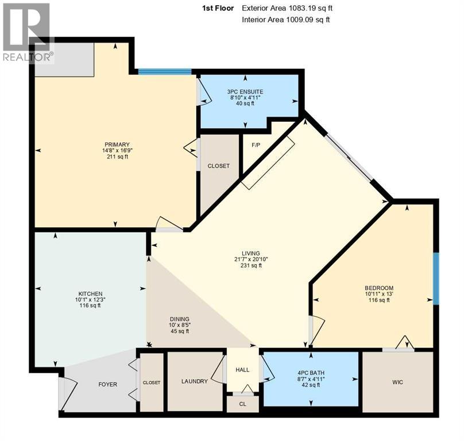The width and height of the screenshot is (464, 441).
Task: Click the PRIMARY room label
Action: click(117, 144)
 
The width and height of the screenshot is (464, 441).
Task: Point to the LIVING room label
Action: click(251, 253)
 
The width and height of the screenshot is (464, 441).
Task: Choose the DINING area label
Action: click(179, 319)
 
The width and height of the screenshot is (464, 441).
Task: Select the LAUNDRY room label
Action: click(194, 381)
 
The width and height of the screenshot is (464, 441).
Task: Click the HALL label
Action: click(242, 369)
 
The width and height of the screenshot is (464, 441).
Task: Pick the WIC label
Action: click(397, 381)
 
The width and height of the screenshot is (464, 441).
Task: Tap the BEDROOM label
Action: click(379, 288)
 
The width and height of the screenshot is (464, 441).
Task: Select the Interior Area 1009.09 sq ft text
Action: click(285, 20)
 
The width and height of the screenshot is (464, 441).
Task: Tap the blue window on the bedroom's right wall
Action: click(436, 278)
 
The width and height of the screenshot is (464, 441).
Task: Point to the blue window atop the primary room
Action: click(165, 72)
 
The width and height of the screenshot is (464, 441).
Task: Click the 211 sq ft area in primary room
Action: click(117, 158)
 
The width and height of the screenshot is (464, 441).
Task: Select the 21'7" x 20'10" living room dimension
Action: click(251, 260)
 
